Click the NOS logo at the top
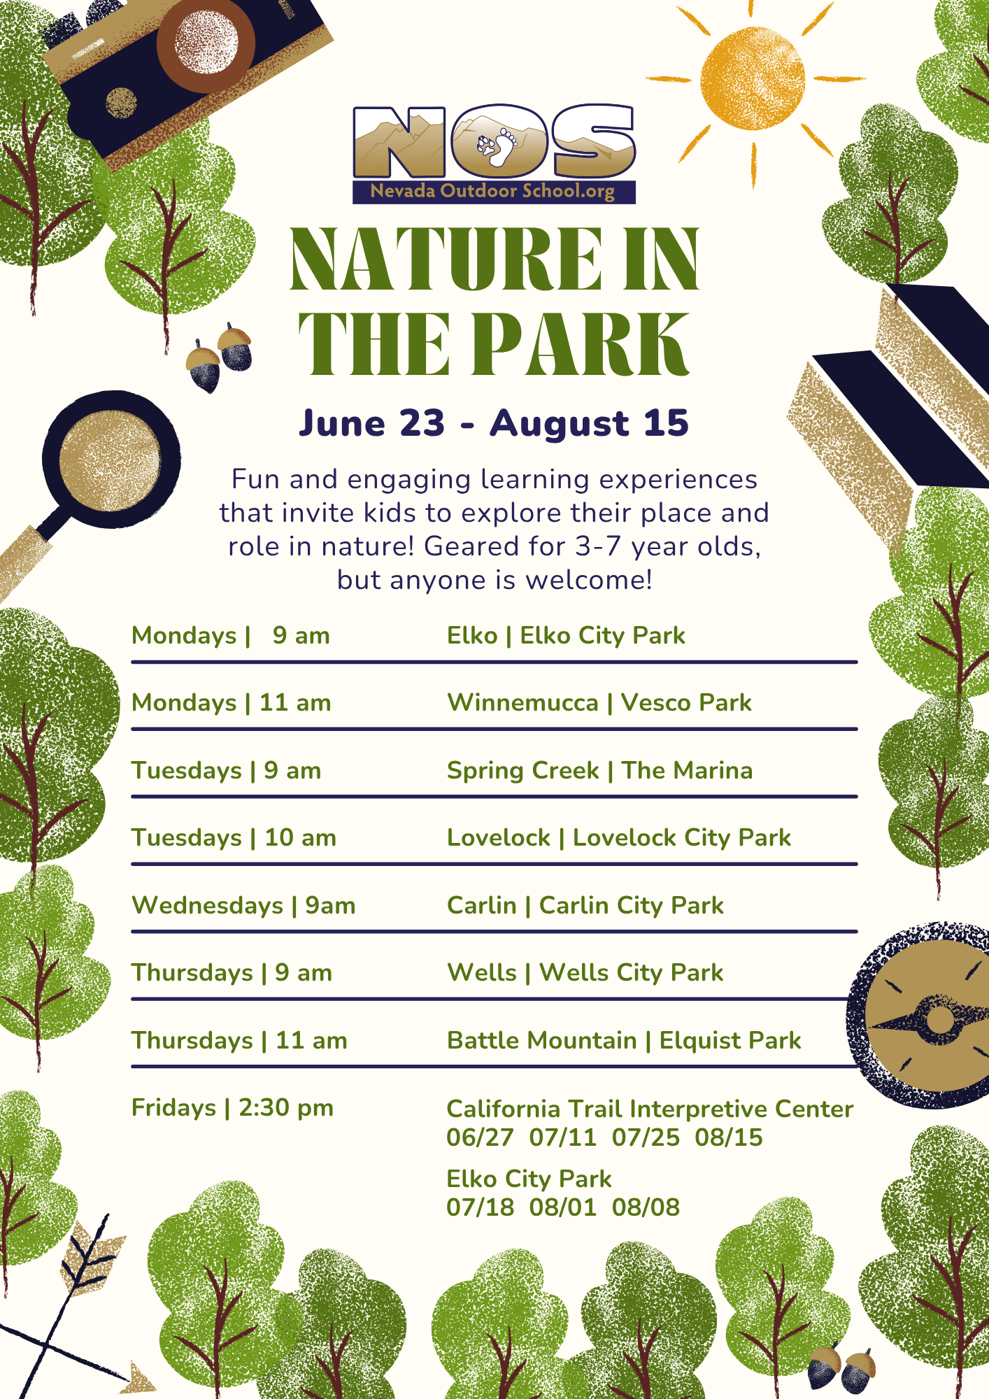pos(494,154)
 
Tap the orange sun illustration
pos(753,78)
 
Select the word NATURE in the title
pos(445,258)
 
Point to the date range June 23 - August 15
pos(494,423)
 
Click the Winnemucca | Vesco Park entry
pos(599,702)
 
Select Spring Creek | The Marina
pos(599,770)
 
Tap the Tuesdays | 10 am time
pos(234,838)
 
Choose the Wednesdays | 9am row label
pos(243,906)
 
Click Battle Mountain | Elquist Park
pos(624,1040)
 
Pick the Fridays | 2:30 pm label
pos(233,1108)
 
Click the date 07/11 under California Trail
pos(563,1137)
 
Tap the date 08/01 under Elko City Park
pos(563,1207)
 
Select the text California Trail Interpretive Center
pos(650,1109)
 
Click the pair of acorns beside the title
pos(219,357)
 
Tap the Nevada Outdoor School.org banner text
pos(492,191)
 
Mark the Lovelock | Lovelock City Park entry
pos(619,838)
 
